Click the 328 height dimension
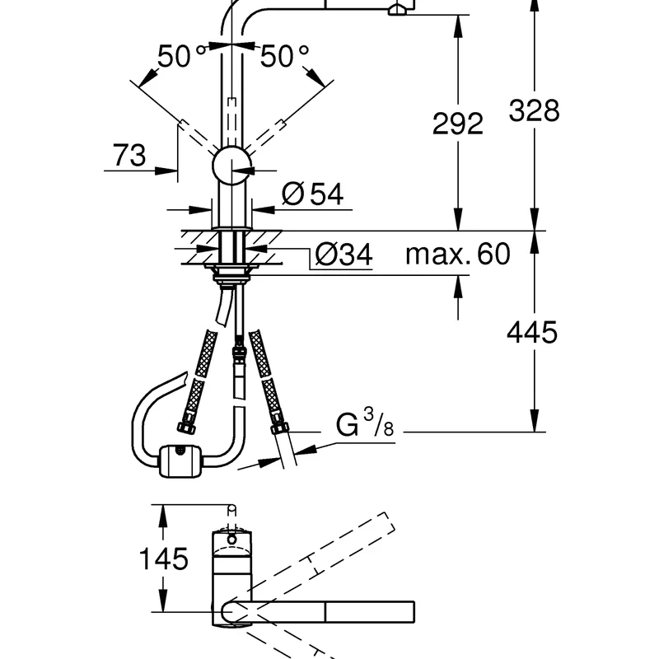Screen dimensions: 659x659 (x=534, y=111)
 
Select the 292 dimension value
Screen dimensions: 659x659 (x=458, y=124)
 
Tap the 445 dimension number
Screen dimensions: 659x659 (x=531, y=332)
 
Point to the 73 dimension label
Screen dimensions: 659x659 (x=129, y=155)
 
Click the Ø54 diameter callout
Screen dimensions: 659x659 (x=312, y=194)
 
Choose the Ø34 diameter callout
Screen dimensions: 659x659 (x=344, y=254)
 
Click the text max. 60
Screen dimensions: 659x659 (x=458, y=254)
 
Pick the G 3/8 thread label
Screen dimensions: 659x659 (x=364, y=423)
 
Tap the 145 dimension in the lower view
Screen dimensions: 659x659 (x=163, y=559)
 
